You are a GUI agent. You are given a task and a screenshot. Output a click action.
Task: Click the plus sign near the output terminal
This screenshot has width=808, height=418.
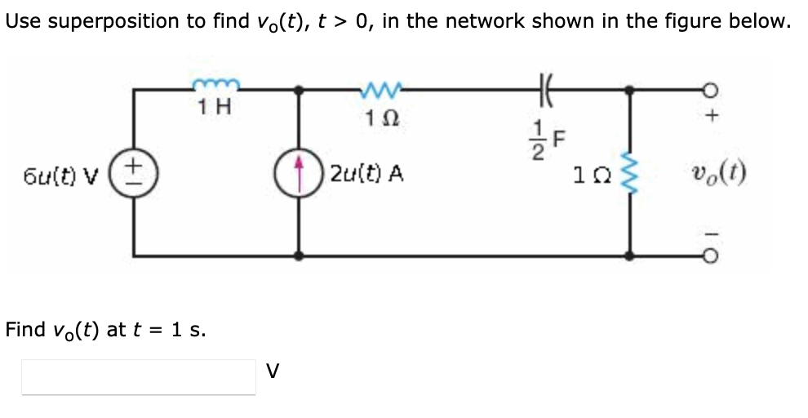coord(712,117)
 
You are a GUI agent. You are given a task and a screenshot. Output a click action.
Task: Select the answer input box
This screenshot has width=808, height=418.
coord(138,376)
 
